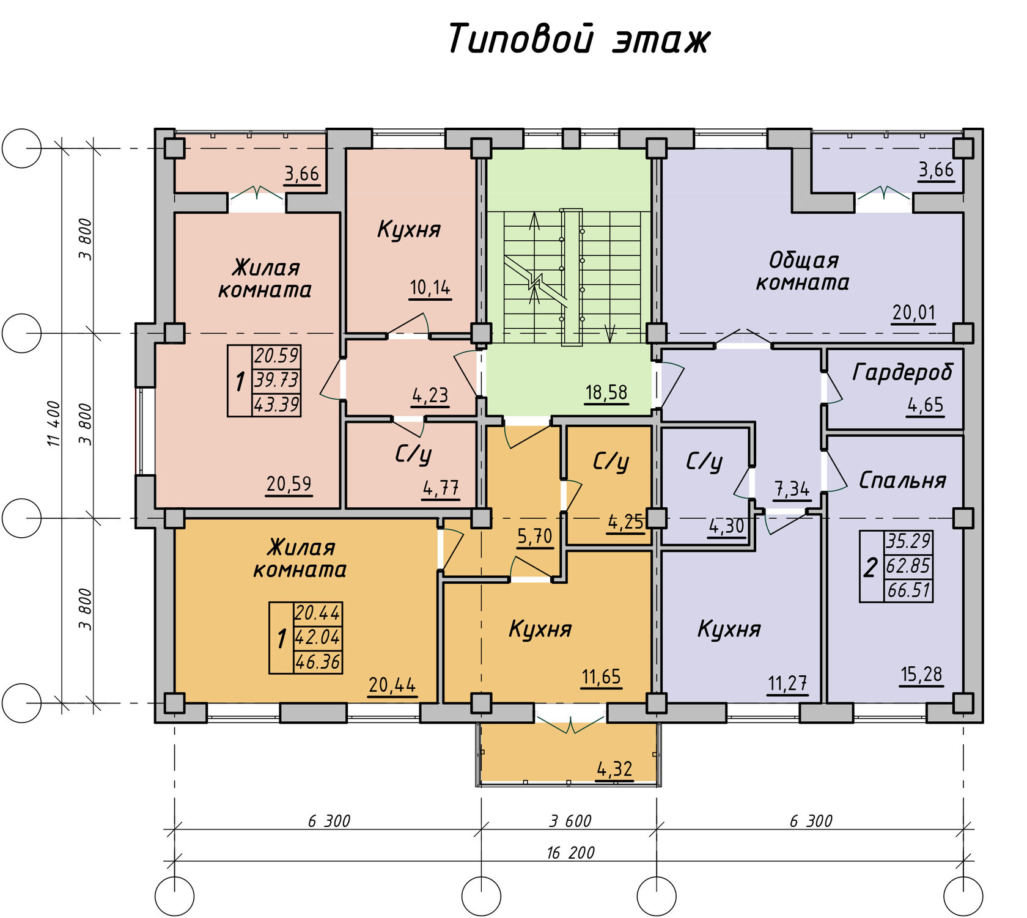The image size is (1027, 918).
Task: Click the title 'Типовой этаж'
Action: click(x=578, y=39)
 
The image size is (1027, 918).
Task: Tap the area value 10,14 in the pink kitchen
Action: click(x=430, y=287)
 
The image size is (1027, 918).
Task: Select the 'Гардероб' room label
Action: click(x=902, y=372)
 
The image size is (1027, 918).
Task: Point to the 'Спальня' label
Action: click(x=902, y=480)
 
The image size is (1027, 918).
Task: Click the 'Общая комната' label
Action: click(x=803, y=271)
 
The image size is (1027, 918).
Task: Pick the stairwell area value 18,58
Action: click(x=606, y=392)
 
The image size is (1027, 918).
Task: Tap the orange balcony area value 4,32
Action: click(x=614, y=769)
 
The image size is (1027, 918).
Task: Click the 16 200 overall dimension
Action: click(x=570, y=853)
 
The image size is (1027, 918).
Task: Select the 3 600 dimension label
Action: click(x=570, y=821)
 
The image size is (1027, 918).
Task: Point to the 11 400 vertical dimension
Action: click(x=54, y=423)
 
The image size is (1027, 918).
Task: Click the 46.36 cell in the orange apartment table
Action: click(x=317, y=662)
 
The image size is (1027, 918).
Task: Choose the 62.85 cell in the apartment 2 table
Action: click(x=908, y=566)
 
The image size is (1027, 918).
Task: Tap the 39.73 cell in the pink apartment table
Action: click(x=276, y=380)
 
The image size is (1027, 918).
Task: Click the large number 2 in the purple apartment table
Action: click(x=871, y=567)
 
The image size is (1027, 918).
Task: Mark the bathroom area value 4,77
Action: click(x=441, y=488)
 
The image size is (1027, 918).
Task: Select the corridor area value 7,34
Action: click(x=792, y=489)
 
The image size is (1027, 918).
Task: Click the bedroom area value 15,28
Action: click(x=921, y=674)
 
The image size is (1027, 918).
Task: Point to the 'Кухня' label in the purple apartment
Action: click(x=729, y=629)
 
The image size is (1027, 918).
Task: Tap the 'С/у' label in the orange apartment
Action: click(x=611, y=461)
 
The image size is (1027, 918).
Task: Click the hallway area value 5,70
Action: click(x=534, y=536)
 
